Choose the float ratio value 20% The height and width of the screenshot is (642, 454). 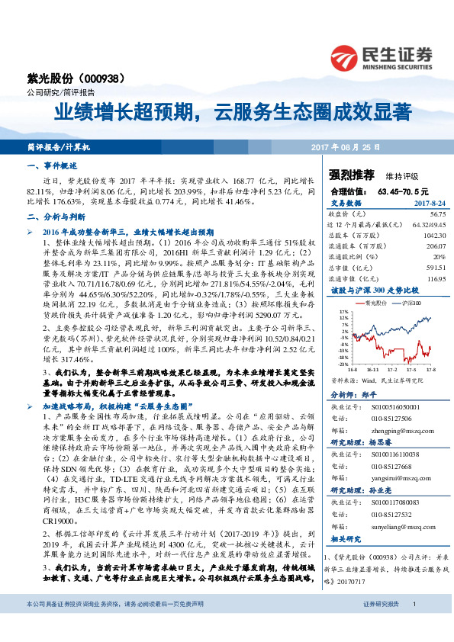419,256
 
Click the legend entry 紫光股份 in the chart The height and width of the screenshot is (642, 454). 375,303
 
